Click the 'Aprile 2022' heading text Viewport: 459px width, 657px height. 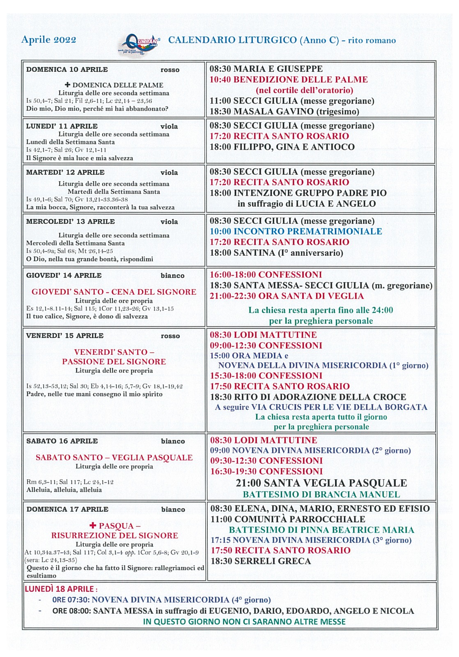48,40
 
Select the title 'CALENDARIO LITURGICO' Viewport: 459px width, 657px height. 232,40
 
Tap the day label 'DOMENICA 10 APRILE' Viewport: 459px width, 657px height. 67,69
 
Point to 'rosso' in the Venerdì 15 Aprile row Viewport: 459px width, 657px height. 170,336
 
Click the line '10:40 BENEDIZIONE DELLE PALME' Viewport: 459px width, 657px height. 289,80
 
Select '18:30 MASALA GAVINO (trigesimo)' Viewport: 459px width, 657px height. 285,112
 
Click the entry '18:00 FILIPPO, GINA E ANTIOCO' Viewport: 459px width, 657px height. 282,147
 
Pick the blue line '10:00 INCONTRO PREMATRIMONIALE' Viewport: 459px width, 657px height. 296,232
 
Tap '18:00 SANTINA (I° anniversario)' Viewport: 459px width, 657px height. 276,253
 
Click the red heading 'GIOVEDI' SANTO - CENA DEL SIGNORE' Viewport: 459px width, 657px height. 114,292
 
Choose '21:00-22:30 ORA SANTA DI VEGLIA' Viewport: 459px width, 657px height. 287,296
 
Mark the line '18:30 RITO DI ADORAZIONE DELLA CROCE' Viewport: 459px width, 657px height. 308,397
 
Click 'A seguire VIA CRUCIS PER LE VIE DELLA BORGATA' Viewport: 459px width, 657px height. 321,407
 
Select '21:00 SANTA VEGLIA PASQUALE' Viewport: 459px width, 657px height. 321,483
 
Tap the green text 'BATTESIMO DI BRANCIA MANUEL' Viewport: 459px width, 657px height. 321,494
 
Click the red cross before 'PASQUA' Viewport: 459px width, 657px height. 93,526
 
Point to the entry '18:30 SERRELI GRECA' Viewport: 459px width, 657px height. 261,561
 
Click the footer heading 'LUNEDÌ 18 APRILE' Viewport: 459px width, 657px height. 61,589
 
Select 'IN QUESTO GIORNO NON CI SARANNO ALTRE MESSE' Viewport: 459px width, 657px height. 244,622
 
